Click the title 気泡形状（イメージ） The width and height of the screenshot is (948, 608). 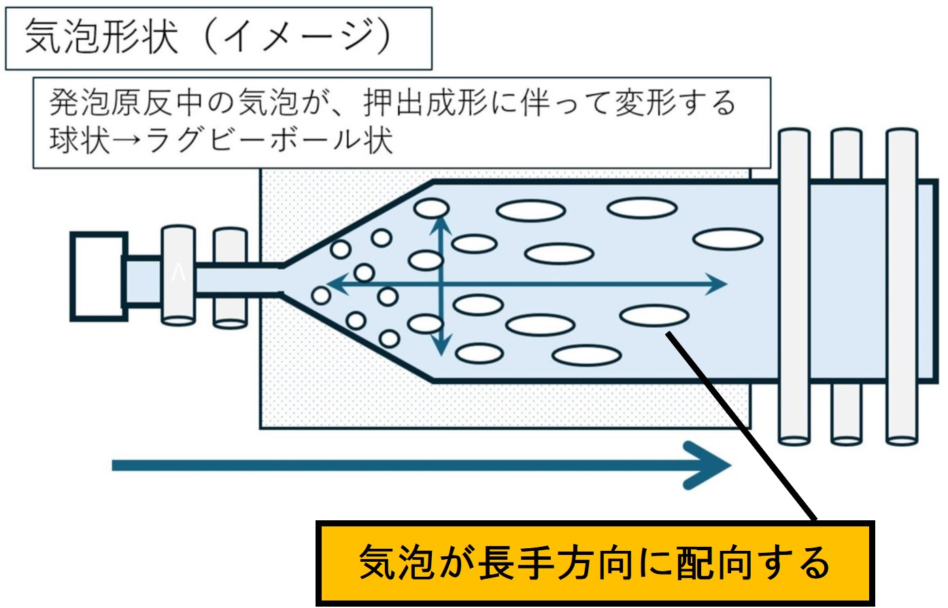click(207, 37)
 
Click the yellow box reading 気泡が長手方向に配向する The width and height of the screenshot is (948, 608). click(594, 563)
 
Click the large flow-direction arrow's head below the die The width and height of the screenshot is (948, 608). click(711, 465)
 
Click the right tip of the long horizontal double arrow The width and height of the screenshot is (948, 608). click(724, 284)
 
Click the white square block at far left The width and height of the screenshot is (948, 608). click(98, 275)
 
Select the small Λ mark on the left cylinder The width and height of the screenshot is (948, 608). click(178, 273)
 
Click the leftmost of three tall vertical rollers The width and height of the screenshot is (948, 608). click(794, 286)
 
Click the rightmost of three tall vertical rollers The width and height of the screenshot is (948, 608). click(902, 286)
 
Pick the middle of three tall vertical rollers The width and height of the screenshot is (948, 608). click(847, 286)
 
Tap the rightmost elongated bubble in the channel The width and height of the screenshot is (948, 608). click(727, 239)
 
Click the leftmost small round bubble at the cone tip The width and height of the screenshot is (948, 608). click(321, 295)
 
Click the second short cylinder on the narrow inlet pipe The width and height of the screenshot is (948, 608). click(230, 277)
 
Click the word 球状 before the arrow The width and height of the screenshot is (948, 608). click(80, 141)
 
